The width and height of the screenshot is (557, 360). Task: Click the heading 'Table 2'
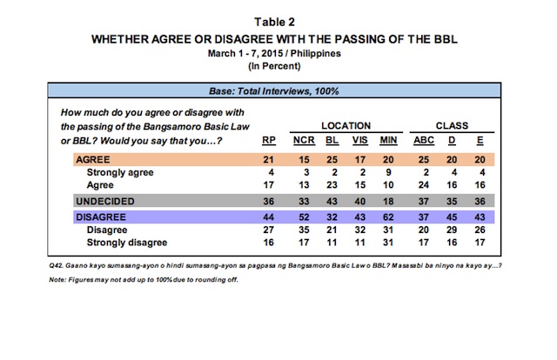coord(274,22)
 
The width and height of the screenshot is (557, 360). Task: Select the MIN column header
coord(388,140)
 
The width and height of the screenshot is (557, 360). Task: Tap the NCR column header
coord(304,140)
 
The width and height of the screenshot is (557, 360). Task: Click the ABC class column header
coord(424,140)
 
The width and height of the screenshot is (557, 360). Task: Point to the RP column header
coord(269,140)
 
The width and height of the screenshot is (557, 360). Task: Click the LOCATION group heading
coord(346,126)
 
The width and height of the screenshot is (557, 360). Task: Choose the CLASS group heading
coord(452,126)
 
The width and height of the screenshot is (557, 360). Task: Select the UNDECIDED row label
coord(105,201)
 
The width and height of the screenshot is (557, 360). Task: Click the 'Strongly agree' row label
coord(120,172)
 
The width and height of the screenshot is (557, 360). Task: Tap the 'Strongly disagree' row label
coord(127,243)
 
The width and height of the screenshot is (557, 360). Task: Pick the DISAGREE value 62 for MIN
coord(388,217)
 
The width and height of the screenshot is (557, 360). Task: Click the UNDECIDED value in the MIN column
coord(388,201)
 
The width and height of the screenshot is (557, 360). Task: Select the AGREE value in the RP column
coord(268,160)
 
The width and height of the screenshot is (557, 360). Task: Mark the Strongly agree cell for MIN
coord(389,172)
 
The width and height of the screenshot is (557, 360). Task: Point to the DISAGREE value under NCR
coord(304,217)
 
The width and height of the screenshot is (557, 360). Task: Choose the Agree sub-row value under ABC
coord(424,185)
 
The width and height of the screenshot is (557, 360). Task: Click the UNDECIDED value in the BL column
coord(332,201)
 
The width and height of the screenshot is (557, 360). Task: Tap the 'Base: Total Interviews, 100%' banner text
coord(274,91)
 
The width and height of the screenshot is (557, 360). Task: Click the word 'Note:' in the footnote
coord(57,280)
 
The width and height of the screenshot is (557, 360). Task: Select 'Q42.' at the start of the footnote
coord(56,265)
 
